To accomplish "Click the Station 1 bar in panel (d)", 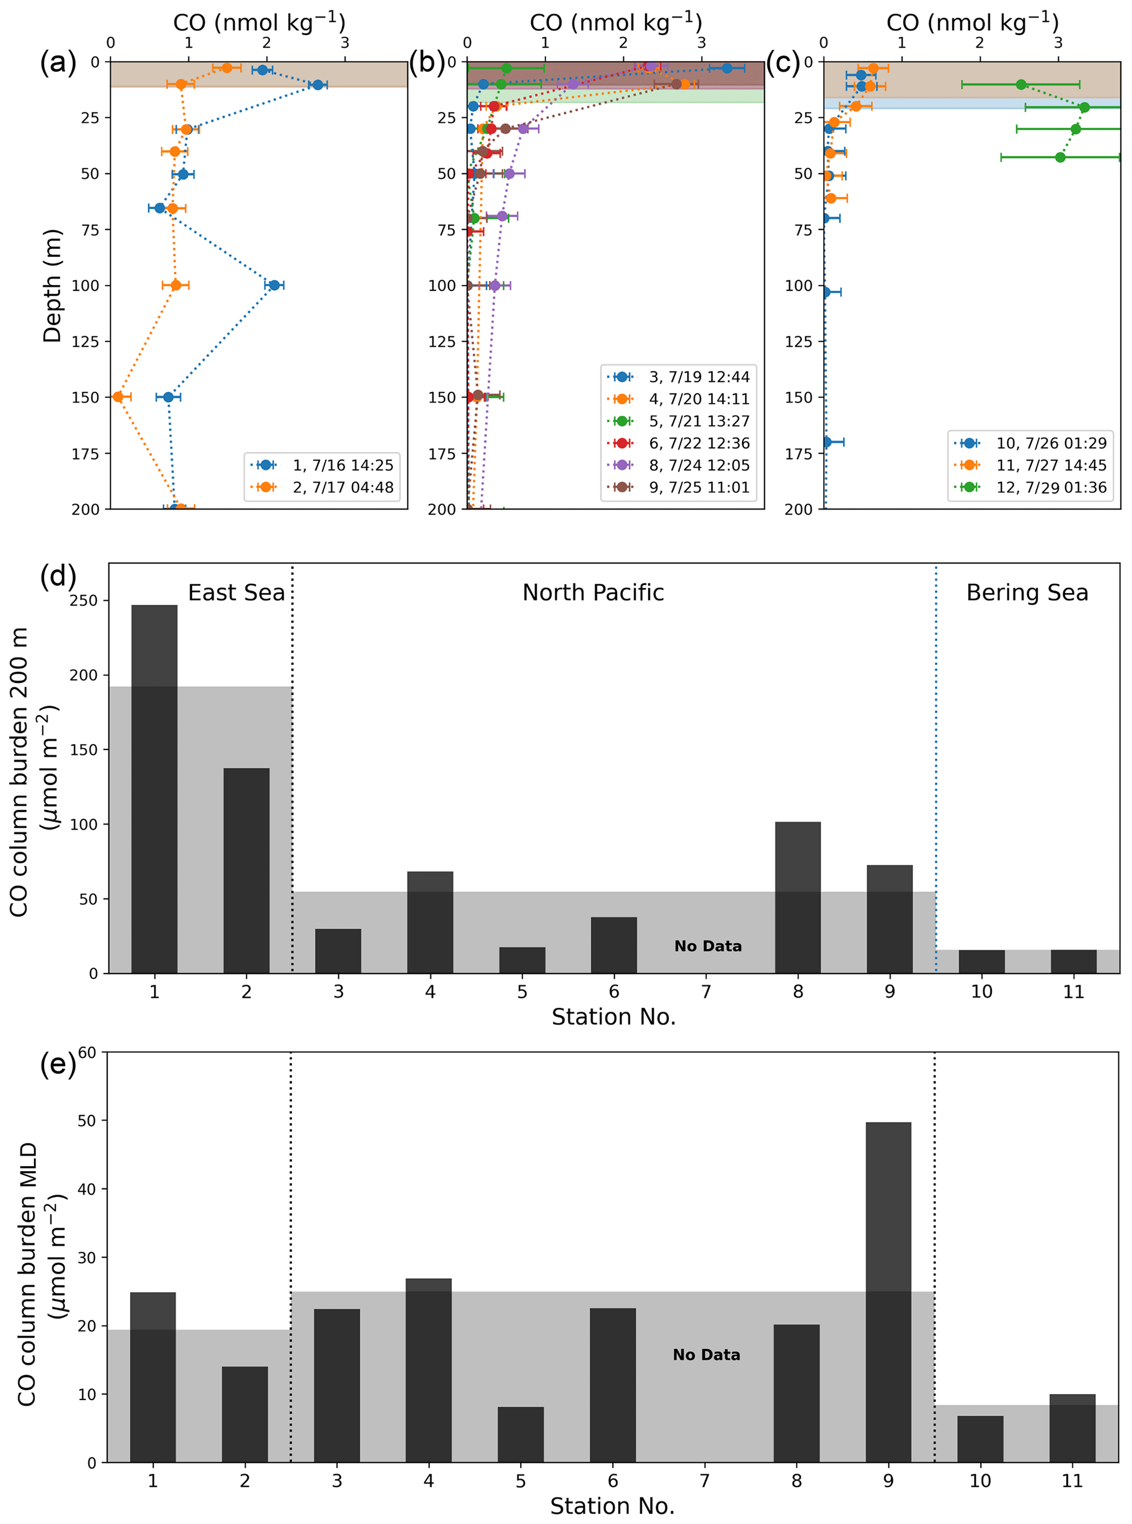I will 154,788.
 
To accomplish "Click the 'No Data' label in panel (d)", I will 708,946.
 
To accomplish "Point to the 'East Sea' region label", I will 237,593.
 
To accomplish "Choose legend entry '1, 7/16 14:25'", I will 343,465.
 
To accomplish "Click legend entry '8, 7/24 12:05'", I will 699,465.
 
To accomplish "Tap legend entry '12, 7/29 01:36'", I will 1051,487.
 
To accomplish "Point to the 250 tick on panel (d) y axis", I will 85,600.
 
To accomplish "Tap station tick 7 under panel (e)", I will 704,1481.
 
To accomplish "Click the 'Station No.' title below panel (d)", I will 613,1017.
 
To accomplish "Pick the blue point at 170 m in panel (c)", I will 826,442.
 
